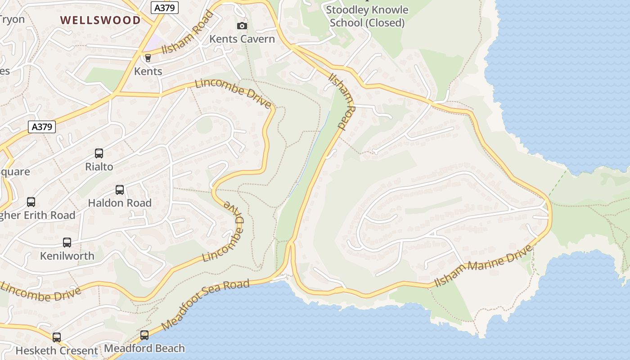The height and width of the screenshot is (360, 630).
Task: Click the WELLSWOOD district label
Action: click(100, 20)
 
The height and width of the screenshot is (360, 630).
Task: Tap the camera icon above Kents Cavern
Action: click(242, 26)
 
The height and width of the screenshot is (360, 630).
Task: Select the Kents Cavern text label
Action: click(242, 39)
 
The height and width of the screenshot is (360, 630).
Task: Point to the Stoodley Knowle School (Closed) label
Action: click(367, 16)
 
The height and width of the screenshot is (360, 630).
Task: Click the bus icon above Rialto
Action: click(99, 153)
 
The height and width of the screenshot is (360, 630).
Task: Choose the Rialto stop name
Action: click(99, 167)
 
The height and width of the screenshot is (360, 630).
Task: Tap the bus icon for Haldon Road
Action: click(120, 190)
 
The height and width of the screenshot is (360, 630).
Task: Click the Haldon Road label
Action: click(120, 203)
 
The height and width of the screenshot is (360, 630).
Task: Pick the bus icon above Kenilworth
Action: click(67, 243)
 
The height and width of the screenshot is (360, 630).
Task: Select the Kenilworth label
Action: click(67, 256)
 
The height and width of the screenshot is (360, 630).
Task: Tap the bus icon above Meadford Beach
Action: click(144, 335)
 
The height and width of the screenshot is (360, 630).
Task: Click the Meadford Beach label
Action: click(144, 348)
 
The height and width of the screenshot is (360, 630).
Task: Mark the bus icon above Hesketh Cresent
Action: click(57, 337)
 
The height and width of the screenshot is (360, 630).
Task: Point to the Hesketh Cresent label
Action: click(57, 351)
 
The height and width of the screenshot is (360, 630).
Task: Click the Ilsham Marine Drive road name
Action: click(483, 266)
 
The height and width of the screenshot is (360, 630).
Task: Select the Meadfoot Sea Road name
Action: click(205, 304)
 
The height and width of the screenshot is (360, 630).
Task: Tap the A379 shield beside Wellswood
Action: click(164, 8)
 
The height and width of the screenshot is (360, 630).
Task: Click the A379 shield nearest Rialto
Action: click(42, 127)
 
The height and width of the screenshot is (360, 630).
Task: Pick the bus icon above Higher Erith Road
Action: click(31, 202)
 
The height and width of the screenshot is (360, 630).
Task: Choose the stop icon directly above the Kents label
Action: click(148, 58)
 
